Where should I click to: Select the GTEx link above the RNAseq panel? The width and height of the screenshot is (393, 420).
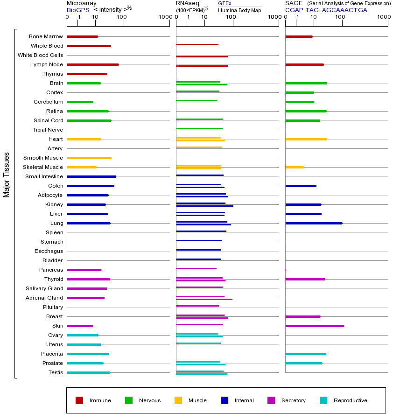tap(225, 3)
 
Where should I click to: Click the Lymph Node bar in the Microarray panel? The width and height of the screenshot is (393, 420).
tap(93, 64)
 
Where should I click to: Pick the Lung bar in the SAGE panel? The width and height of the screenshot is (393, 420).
tap(314, 223)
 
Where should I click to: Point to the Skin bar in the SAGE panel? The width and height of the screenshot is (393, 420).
tap(314, 326)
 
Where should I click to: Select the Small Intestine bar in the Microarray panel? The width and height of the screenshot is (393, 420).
tap(91, 176)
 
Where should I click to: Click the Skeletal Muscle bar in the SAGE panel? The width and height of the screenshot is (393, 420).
tap(294, 167)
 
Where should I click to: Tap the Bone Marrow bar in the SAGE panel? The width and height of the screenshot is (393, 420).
tap(299, 36)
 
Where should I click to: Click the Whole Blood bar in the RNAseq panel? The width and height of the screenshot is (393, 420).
tap(197, 44)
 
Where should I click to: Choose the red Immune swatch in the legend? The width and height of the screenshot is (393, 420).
tap(79, 400)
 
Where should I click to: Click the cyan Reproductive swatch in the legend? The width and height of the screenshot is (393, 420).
tap(323, 400)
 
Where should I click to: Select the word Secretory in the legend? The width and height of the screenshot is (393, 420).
tap(293, 400)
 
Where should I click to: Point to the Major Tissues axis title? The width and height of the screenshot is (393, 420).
tap(7, 175)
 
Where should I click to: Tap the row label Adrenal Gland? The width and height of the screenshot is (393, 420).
tap(45, 298)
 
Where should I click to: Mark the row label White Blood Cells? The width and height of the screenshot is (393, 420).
tap(40, 55)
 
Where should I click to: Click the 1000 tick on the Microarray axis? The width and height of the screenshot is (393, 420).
tap(164, 17)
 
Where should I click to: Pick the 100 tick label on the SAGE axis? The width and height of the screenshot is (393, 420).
tap(340, 17)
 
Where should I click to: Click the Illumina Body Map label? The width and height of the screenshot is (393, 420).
tap(239, 10)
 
